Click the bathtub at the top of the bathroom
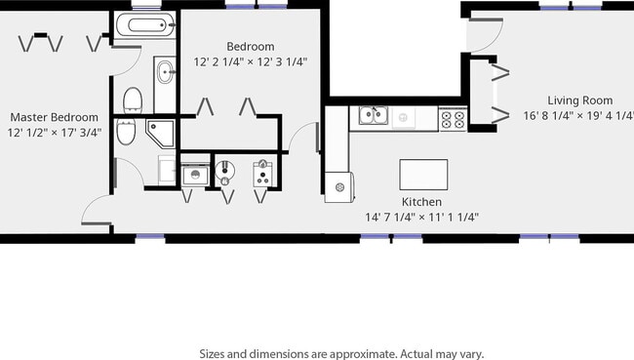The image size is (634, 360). [x=145, y=26]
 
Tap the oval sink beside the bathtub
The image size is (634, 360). [x=164, y=70]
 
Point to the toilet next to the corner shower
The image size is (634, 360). [x=127, y=134]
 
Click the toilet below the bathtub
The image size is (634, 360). [x=134, y=99]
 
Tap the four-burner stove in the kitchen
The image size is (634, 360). [x=453, y=118]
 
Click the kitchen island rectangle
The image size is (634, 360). [x=423, y=175]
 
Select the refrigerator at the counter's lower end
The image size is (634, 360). [x=340, y=185]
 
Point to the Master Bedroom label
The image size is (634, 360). [x=54, y=117]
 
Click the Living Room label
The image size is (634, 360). [x=579, y=100]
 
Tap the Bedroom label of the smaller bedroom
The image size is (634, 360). [x=251, y=46]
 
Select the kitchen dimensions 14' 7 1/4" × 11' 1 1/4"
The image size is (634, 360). [x=421, y=217]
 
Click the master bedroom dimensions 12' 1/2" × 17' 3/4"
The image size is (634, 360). [x=55, y=133]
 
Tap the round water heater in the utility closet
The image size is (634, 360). [x=226, y=171]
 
